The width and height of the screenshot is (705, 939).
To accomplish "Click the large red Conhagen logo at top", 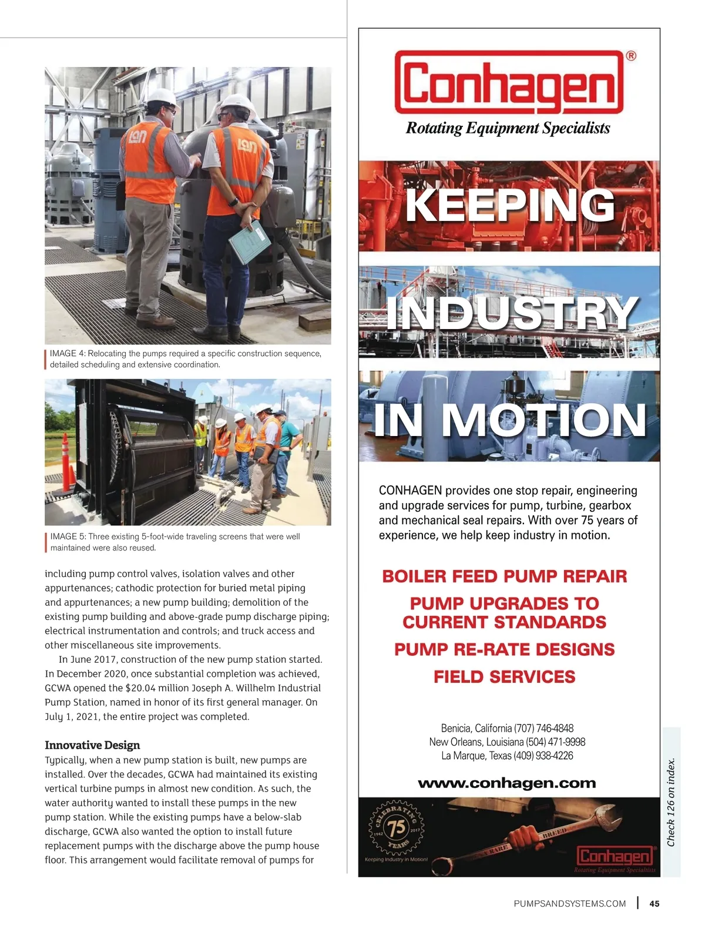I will [509, 83].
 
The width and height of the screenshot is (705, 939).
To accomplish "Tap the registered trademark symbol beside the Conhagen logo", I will [630, 56].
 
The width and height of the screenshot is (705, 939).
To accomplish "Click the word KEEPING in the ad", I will [510, 205].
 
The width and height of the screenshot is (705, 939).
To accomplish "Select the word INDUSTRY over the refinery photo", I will [511, 313].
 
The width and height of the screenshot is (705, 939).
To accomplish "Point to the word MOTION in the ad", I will [543, 420].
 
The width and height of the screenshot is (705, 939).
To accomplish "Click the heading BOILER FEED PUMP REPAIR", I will [505, 576].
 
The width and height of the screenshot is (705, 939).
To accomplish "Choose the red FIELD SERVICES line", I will [505, 677].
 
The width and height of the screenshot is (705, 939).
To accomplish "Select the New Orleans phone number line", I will [507, 742].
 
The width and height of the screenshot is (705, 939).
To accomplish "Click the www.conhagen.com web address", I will [506, 783].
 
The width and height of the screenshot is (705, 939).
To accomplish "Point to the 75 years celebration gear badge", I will [397, 827].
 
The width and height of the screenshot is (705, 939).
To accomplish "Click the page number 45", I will [654, 904].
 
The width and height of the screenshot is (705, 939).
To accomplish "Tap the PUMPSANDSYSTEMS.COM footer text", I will [569, 904].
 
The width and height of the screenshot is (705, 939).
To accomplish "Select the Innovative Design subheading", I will [92, 745].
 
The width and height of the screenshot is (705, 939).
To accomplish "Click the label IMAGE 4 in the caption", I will [68, 354].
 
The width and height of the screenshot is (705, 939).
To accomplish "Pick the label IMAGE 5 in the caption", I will [68, 536].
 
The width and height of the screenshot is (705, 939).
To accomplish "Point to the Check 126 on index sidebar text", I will [671, 803].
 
